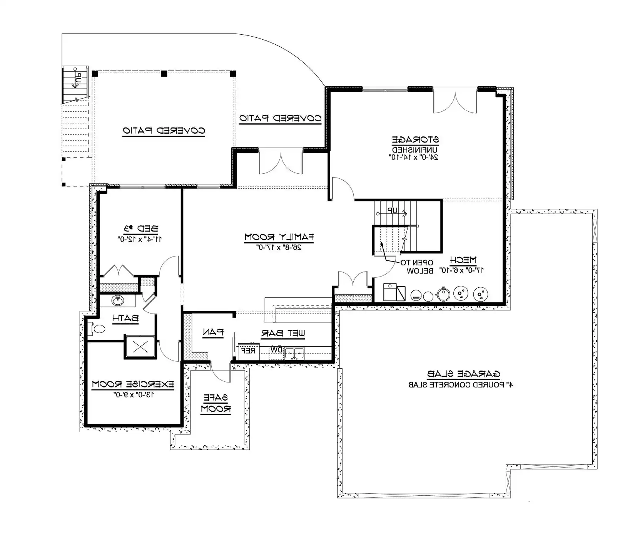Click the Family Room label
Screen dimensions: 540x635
coord(279,237)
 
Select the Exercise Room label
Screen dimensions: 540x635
coord(133,384)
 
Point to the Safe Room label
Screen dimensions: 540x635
coord(216,403)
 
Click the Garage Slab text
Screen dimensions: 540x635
coord(463,374)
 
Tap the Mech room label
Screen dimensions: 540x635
coord(463,260)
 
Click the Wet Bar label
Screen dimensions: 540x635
coord(284,334)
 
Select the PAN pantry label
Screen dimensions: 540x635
coord(213,332)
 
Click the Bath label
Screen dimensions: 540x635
coord(125,318)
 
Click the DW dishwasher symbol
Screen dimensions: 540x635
coord(276,350)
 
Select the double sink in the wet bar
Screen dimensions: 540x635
coord(294,352)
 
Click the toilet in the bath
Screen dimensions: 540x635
coord(98,329)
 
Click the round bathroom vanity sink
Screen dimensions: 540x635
coord(117,300)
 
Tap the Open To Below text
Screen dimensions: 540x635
coord(418,267)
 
